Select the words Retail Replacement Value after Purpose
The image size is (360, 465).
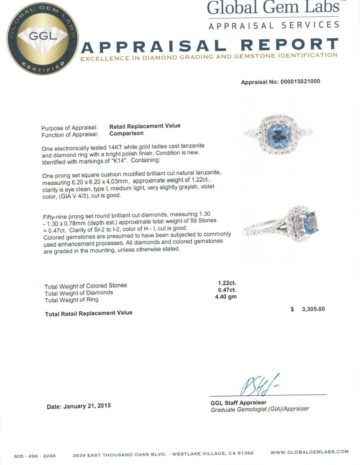pos(145,126)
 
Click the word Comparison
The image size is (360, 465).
pos(126,133)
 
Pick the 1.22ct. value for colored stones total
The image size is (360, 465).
pos(227,283)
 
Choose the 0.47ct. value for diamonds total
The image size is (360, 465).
pos(227,290)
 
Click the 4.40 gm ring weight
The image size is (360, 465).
pos(226,297)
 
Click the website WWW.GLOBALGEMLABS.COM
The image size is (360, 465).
pos(309,452)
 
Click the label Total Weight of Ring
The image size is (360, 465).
pos(71,300)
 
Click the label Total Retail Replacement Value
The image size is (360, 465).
pos(89,313)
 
